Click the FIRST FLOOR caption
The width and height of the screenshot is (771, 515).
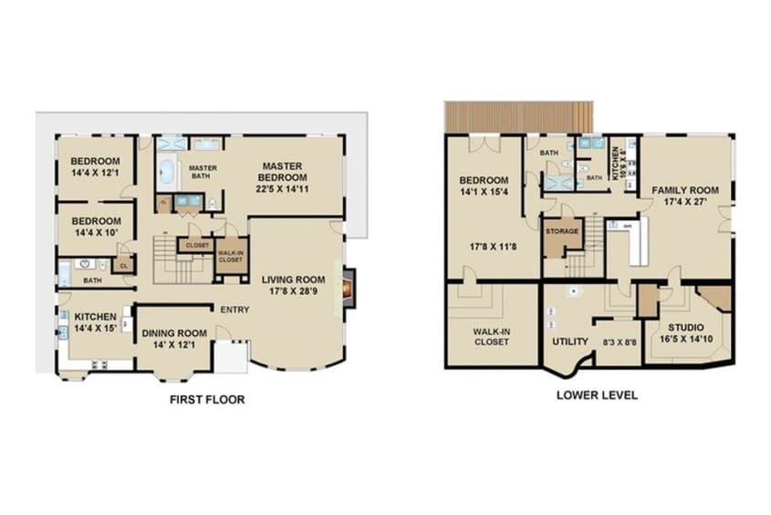[x=207, y=400]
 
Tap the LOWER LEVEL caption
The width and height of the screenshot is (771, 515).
[x=597, y=395]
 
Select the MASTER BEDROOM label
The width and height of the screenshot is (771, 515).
[x=281, y=171]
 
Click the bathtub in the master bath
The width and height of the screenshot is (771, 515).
[x=168, y=173]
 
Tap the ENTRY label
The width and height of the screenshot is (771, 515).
[x=234, y=310]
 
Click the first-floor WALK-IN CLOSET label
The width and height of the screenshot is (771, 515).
[x=230, y=257]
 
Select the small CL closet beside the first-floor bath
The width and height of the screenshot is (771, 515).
[x=123, y=266]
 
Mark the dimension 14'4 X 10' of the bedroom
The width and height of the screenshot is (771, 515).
[x=96, y=233]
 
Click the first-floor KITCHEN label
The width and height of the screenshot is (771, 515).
[x=95, y=317]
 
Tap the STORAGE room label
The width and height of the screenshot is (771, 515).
[x=562, y=231]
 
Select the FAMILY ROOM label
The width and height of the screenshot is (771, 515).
[x=684, y=191]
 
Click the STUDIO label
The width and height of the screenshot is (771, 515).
[x=685, y=326]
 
